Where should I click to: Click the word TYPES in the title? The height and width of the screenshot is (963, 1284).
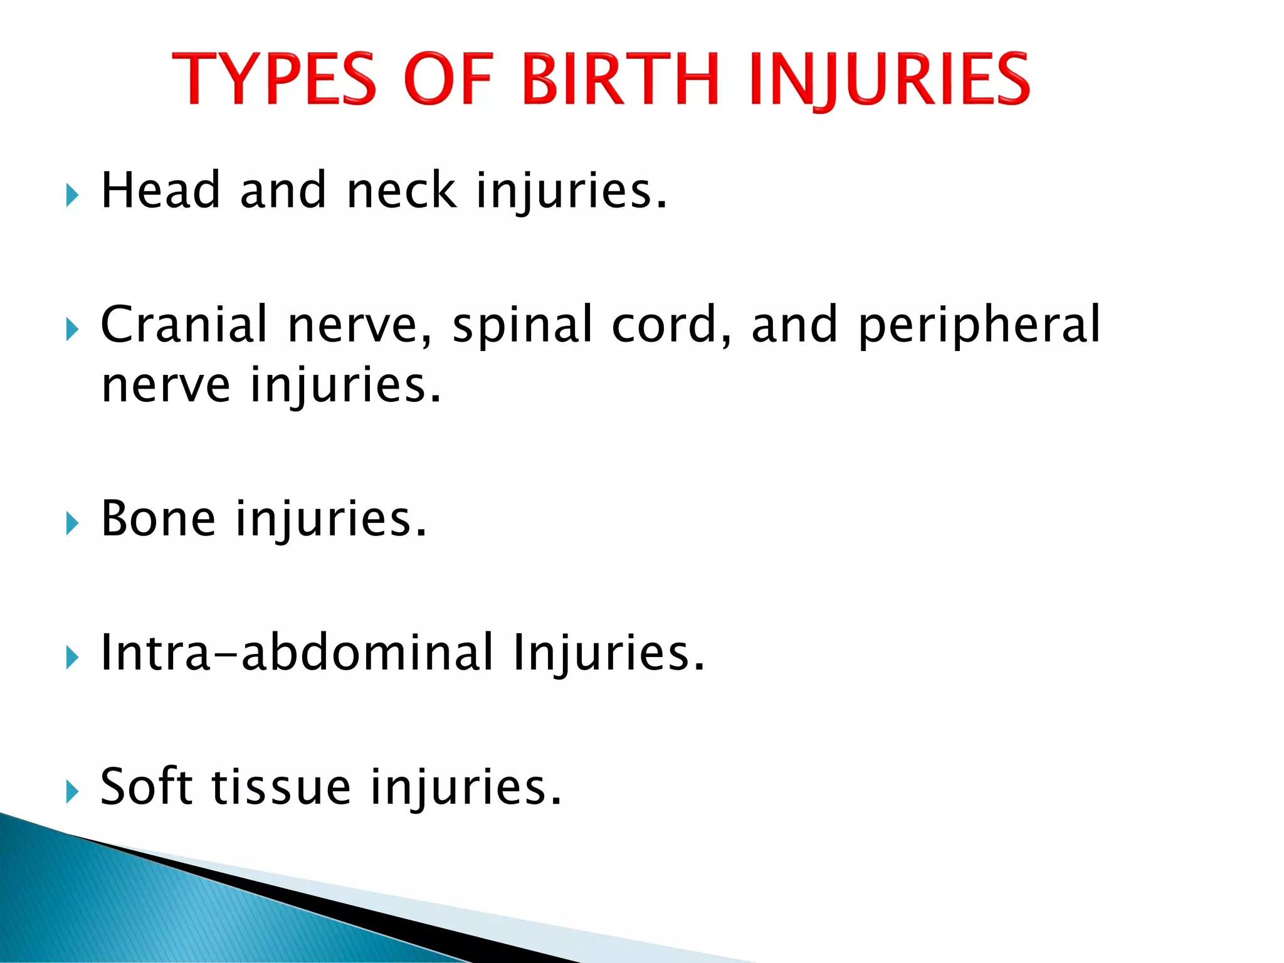(274, 79)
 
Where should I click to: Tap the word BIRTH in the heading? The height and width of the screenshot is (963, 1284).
(619, 79)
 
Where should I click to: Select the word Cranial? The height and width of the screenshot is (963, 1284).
(184, 324)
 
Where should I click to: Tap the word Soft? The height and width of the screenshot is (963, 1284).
(146, 787)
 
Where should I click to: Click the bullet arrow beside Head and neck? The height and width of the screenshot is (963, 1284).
(72, 196)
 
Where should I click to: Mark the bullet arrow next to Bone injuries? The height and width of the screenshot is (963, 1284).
(72, 524)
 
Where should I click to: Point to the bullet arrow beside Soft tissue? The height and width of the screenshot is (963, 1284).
(72, 792)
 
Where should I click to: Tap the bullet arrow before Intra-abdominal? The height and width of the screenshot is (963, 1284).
(72, 658)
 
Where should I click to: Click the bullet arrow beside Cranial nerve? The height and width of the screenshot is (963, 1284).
(72, 329)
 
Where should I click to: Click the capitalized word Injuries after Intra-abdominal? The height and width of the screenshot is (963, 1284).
(608, 654)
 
